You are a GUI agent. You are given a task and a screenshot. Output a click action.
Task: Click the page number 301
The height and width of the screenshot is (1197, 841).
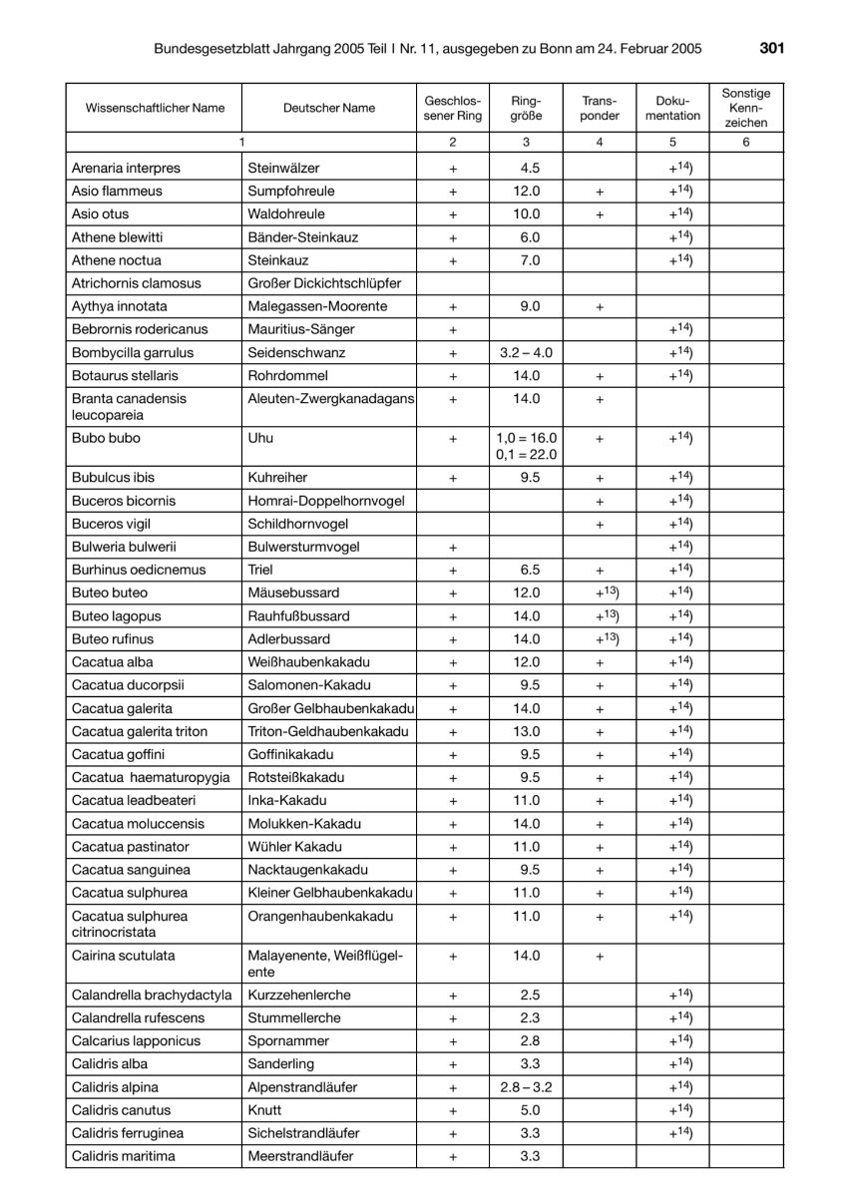[x=772, y=47]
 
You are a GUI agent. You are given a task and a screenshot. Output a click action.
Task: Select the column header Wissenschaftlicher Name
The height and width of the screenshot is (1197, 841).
[x=156, y=108]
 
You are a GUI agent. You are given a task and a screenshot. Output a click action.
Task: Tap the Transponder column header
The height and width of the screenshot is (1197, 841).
[x=600, y=108]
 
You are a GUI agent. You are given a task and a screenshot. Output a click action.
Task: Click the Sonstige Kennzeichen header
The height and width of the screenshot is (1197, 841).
[x=746, y=108]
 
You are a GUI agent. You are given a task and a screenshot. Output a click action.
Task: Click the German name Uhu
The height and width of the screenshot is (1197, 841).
[x=260, y=438]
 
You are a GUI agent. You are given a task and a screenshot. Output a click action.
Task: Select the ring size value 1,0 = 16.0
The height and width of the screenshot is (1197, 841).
[x=526, y=438]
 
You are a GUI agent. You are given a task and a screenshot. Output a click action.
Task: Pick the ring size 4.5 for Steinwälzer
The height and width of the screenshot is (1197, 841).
[x=526, y=168]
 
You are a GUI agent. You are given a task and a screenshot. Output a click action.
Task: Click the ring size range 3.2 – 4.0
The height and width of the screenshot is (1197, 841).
[x=526, y=352]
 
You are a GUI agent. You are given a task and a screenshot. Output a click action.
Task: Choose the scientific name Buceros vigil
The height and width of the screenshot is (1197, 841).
[x=115, y=524]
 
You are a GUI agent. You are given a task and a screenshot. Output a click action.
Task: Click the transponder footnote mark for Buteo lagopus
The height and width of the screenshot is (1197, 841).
[x=600, y=615]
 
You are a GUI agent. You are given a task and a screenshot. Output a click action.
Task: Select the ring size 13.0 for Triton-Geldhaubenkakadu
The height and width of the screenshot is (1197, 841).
[x=526, y=731]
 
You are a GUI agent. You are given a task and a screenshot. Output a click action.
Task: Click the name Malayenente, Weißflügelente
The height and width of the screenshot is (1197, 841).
[x=325, y=964]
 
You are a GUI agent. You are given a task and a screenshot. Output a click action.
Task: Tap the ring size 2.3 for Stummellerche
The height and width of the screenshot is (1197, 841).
[x=526, y=1017]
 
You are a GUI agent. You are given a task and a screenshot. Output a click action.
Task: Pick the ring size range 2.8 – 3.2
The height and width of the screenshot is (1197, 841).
[x=526, y=1087]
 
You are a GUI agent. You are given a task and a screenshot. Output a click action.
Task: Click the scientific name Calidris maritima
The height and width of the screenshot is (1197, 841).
[x=122, y=1156]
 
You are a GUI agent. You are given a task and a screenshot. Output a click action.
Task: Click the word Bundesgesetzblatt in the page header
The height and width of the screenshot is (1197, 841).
[x=212, y=48]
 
